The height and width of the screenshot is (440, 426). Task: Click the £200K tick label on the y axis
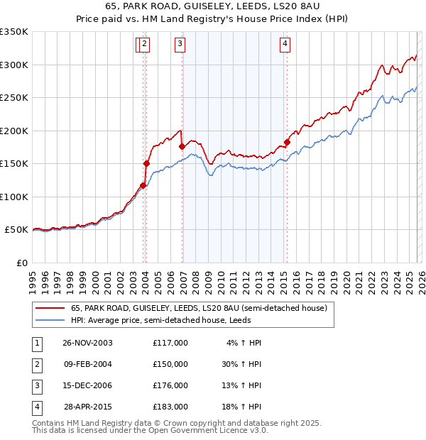(13, 131)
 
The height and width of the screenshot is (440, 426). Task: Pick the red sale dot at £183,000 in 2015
(287, 142)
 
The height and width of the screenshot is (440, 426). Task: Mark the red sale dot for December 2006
(182, 146)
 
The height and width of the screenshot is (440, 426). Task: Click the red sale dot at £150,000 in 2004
(146, 163)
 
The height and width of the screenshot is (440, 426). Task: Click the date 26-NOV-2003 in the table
(87, 343)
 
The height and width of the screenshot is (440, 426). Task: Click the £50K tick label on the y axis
(16, 230)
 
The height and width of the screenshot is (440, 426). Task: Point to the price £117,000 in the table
(170, 343)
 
